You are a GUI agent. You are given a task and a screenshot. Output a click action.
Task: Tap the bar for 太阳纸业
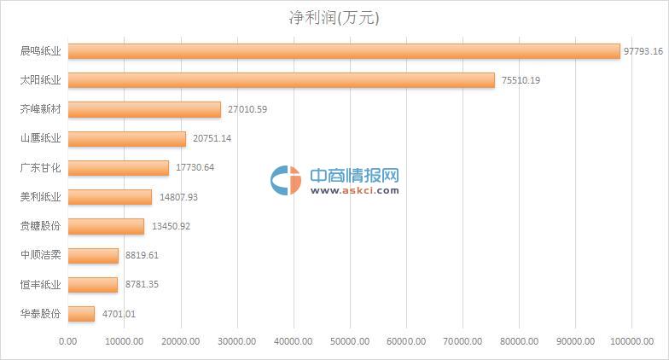281,80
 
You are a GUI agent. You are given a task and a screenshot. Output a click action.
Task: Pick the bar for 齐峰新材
144,109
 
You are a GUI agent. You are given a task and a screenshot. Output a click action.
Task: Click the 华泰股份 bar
81,314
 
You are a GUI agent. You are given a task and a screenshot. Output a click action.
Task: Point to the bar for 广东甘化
119,168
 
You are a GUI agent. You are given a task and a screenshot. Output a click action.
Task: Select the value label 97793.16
643,51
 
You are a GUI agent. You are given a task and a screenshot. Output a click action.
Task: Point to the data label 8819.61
142,255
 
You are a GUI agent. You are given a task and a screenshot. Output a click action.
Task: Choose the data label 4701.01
118,314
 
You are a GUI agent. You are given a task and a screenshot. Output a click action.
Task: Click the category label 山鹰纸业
40,138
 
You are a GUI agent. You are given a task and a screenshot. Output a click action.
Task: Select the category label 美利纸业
40,197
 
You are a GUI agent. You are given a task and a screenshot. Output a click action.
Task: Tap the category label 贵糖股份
40,226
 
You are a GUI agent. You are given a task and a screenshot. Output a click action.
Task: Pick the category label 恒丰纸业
40,284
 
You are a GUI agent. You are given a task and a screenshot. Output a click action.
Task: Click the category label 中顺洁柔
40,255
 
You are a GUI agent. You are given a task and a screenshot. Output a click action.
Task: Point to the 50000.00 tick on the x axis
350,341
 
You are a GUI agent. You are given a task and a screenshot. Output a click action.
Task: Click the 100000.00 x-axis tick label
631,341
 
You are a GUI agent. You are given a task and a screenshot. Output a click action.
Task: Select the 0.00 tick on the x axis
67,341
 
